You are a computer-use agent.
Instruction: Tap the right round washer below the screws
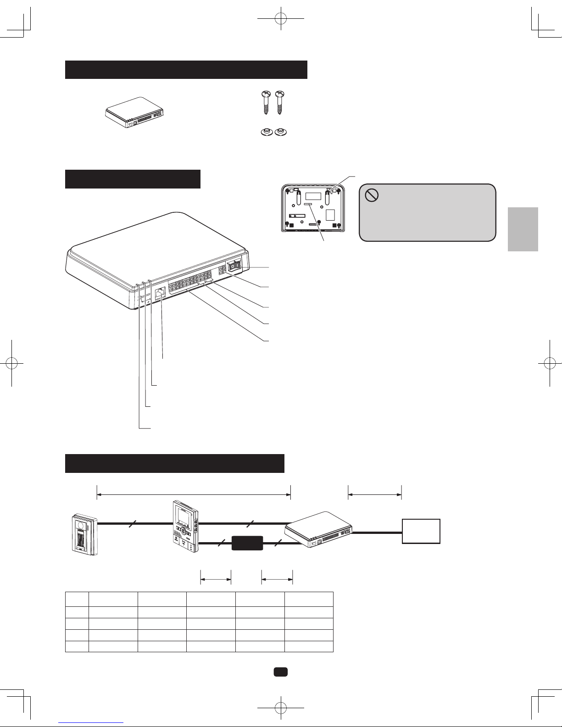(279, 132)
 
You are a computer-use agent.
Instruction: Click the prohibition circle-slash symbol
(371, 195)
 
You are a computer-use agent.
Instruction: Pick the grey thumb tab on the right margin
(523, 229)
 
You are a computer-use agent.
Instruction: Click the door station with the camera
(85, 534)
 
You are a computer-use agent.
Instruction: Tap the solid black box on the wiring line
(247, 543)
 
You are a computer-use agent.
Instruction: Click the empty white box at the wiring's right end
(421, 531)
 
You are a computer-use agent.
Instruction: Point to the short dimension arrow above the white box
(375, 494)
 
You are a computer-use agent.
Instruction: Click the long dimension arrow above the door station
(194, 494)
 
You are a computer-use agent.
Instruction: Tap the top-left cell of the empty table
(77, 599)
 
